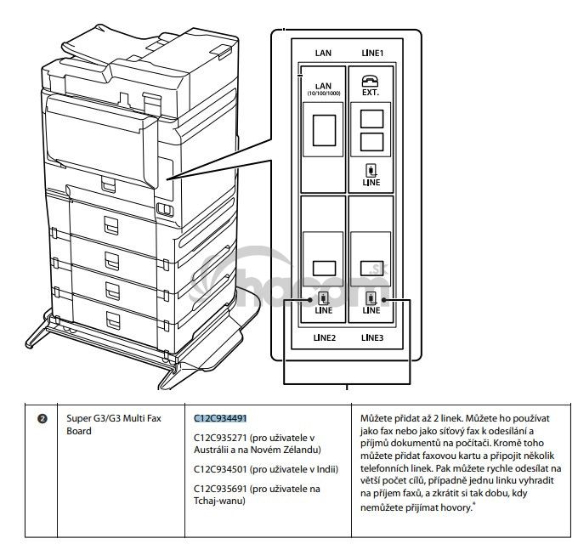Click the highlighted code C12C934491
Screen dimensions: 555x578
[x=219, y=418]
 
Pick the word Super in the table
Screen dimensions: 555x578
[x=80, y=418]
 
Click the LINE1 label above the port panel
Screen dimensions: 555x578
[x=371, y=53]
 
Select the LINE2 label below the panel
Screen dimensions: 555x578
[x=323, y=337]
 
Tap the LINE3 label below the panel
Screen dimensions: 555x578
[x=371, y=337]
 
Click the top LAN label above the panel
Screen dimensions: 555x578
[x=323, y=53]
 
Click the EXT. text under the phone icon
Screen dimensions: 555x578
[x=371, y=93]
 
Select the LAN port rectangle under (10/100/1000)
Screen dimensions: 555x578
[x=322, y=129]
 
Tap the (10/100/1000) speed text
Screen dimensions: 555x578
[x=323, y=93]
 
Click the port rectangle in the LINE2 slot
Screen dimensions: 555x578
[x=323, y=267]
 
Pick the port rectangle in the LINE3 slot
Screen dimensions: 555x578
[x=371, y=267]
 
